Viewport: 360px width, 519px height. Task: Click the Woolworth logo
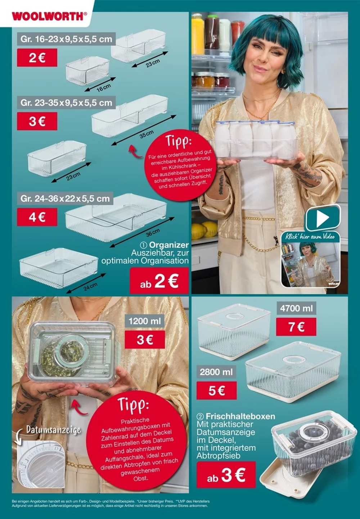pos(49,16)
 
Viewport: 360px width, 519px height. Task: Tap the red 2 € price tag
pos(37,58)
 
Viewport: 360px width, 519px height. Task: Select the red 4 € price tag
pos(37,217)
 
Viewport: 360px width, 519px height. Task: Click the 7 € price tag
pos(296,327)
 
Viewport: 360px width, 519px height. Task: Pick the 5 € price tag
pos(216,390)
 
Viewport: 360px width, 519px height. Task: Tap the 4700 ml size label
pos(296,308)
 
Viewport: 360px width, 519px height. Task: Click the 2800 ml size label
pos(216,372)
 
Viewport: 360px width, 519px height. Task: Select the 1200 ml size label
pos(145,321)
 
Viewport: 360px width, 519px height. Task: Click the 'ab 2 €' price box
pos(159,281)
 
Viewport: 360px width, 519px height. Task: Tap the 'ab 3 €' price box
pos(226,475)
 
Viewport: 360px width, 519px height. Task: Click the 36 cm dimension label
pos(153,232)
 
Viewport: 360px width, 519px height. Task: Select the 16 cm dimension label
pos(104,87)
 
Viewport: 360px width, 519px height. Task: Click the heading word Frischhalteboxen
pos(240,416)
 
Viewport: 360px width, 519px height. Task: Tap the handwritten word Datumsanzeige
pos(53,430)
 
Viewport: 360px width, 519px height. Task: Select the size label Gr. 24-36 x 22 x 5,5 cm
pos(65,199)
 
